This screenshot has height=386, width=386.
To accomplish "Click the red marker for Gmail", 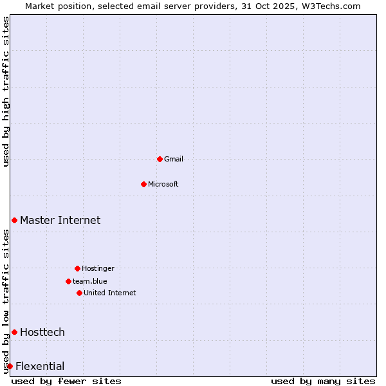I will tap(160, 159).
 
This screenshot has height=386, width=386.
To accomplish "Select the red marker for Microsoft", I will tap(143, 184).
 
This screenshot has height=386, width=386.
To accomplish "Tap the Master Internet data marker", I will tap(14, 220).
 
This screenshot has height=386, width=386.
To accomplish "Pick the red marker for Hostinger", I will tap(77, 268).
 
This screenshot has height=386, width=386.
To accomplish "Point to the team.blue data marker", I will tap(68, 281).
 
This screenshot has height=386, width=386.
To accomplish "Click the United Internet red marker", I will tap(79, 293).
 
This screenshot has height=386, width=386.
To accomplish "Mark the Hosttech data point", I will tap(14, 332).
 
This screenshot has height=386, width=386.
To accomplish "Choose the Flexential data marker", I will tap(10, 366).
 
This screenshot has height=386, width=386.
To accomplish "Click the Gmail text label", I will tap(174, 159).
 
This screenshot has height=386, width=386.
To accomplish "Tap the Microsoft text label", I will tap(163, 184).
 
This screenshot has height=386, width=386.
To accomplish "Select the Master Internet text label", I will tap(60, 220).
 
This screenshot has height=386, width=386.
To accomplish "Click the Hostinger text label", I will tap(98, 268).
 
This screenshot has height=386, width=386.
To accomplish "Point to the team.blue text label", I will tap(90, 281).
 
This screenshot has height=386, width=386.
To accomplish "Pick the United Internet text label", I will tap(110, 293).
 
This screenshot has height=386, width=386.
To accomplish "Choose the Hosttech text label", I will tap(42, 332).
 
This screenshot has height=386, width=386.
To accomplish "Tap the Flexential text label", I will tap(40, 366).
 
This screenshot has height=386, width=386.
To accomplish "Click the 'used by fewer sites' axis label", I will tap(66, 381).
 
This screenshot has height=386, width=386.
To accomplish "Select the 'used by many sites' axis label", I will tap(323, 381).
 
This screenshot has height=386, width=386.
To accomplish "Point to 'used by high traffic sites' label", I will tap(6, 91).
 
